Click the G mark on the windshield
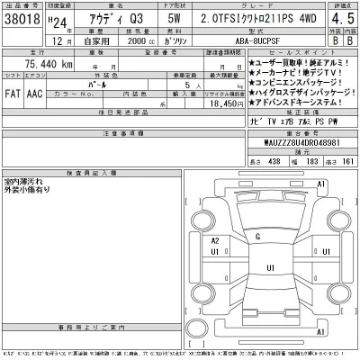click(258, 237)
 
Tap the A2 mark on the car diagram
click(216, 241)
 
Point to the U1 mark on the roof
click(271, 268)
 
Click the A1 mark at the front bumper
click(319, 184)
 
